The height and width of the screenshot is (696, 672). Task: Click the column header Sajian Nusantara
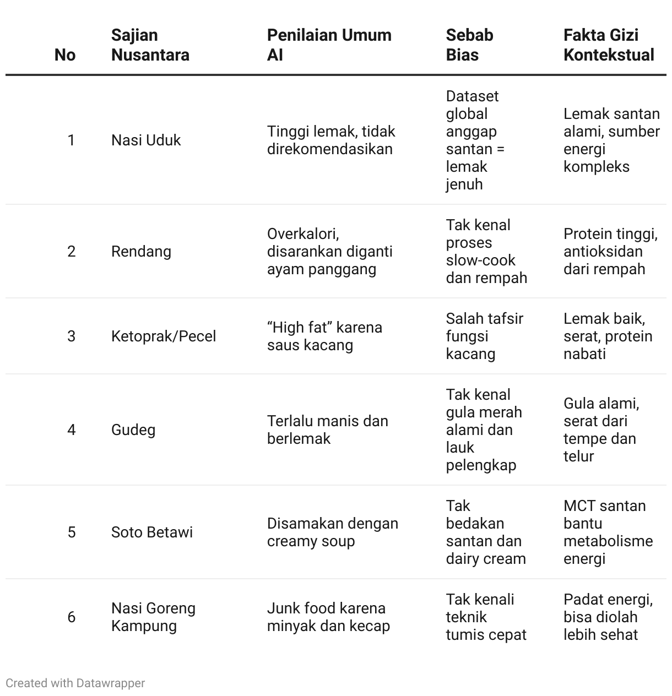click(150, 45)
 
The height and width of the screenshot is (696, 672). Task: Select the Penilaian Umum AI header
click(329, 45)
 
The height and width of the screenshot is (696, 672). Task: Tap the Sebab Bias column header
click(469, 45)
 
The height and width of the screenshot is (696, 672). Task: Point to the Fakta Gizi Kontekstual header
click(609, 45)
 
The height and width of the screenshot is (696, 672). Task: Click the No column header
click(65, 55)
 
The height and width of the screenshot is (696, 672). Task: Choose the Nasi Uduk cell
click(146, 140)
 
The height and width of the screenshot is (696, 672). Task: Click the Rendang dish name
click(141, 251)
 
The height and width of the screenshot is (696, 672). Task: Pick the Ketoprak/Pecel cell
click(164, 336)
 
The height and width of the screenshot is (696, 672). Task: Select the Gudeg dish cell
click(133, 429)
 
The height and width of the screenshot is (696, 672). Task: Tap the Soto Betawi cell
click(152, 532)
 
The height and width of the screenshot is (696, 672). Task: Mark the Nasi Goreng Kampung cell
click(153, 617)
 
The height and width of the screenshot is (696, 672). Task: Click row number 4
click(72, 429)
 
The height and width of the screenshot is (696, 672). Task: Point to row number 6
click(72, 617)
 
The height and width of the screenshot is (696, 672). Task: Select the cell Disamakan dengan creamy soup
click(332, 532)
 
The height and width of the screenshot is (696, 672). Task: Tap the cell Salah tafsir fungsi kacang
click(484, 336)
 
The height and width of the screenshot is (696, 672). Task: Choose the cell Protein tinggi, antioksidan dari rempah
click(610, 251)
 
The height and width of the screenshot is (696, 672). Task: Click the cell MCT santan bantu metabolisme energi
click(608, 532)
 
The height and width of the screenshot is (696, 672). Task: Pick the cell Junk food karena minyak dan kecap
click(328, 617)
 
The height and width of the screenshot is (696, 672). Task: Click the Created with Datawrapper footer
click(75, 683)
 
